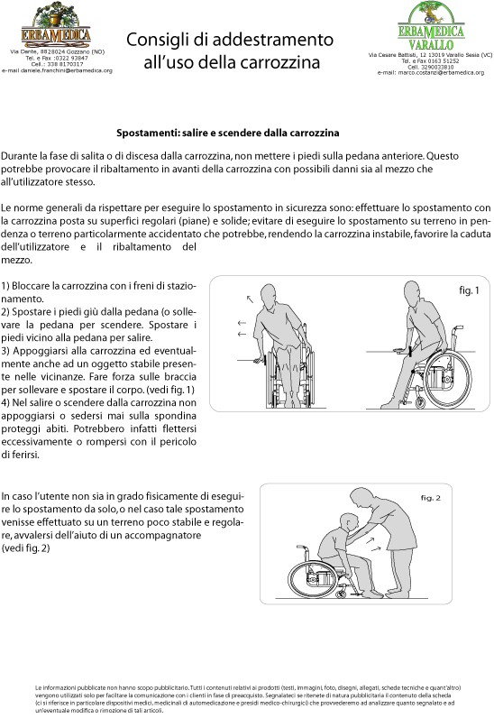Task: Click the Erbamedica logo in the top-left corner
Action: pyautogui.click(x=56, y=25)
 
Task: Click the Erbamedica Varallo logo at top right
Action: pyautogui.click(x=431, y=26)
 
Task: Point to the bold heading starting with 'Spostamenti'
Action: pyautogui.click(x=227, y=133)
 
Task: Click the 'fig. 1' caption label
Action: pyautogui.click(x=469, y=290)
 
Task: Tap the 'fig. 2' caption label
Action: pyautogui.click(x=430, y=498)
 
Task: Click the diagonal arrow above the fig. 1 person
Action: pyautogui.click(x=250, y=299)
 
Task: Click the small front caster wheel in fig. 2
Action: pyautogui.click(x=341, y=594)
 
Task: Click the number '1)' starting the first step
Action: pyautogui.click(x=5, y=286)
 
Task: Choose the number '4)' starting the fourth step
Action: pyautogui.click(x=5, y=403)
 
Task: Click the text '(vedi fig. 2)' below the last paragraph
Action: pyautogui.click(x=25, y=548)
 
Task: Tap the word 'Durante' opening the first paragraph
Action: pyautogui.click(x=17, y=156)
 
